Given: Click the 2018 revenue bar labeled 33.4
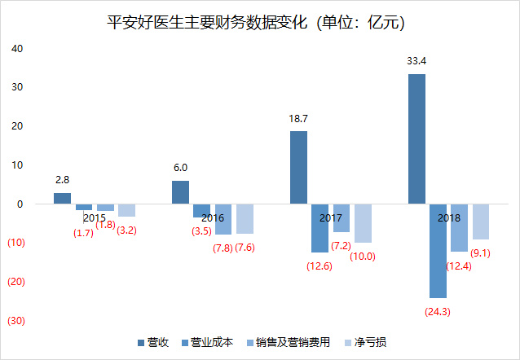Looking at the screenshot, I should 416,138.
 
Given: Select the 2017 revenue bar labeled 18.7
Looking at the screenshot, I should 298,167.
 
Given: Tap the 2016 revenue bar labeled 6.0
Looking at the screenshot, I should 180,192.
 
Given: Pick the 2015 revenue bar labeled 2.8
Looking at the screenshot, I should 62,198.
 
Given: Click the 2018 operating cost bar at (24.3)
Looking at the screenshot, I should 438,251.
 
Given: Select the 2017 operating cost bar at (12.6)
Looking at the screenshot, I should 319,228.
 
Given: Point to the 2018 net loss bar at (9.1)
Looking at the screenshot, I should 481,222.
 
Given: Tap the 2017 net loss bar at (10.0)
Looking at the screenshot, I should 363,223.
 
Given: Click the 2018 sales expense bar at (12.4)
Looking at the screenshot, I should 460,228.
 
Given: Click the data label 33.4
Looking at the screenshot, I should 416,61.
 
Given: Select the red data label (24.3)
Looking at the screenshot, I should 438,310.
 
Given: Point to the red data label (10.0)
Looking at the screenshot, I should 363,256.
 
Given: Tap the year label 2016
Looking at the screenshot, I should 213,218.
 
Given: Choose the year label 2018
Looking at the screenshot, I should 449,218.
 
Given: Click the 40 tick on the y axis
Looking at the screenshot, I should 16,48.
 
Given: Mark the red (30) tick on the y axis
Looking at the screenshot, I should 16,321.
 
